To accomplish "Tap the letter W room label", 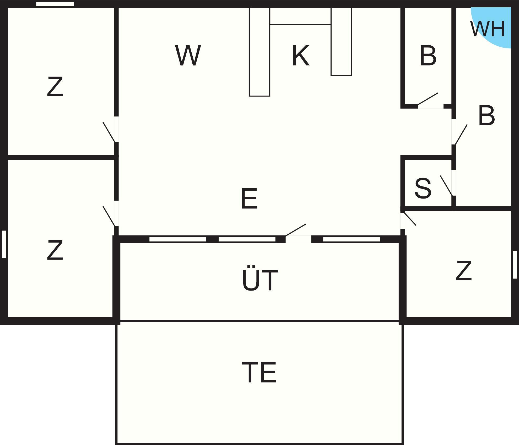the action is [x=188, y=55].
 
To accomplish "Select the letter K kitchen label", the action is [x=301, y=55].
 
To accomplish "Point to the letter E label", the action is [x=249, y=199].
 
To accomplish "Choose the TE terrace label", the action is [x=259, y=372].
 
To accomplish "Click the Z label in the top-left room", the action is [x=55, y=86].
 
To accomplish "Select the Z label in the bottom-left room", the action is [x=55, y=250].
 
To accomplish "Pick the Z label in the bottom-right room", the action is [x=464, y=270].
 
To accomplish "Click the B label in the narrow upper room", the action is [x=428, y=56].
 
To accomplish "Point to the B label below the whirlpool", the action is [x=486, y=115].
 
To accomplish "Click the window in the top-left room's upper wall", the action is [x=55, y=4].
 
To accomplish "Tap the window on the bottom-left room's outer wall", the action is [x=4, y=244].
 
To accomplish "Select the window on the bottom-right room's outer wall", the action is [x=515, y=265].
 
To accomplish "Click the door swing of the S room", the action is [x=446, y=186].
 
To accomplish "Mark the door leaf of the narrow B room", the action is [x=428, y=99].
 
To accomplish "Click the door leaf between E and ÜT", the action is [x=295, y=230].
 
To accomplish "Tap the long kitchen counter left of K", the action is [x=259, y=52].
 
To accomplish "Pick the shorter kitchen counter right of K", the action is [x=341, y=42].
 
